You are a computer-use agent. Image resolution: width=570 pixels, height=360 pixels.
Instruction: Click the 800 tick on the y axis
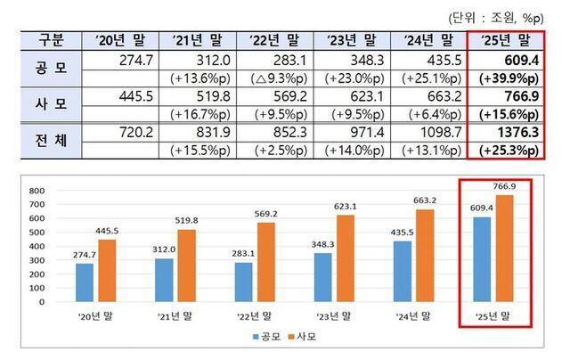[37, 191]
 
